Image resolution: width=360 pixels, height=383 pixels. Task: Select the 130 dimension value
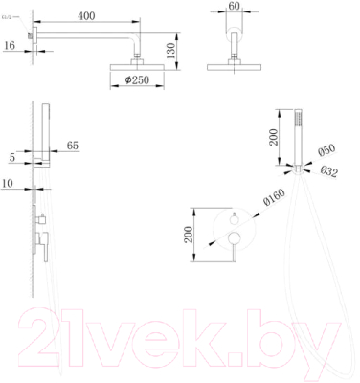169,49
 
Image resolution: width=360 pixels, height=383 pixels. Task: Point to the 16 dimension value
8,45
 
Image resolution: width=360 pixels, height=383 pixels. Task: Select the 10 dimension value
8,181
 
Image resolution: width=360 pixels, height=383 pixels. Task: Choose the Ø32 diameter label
329,172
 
